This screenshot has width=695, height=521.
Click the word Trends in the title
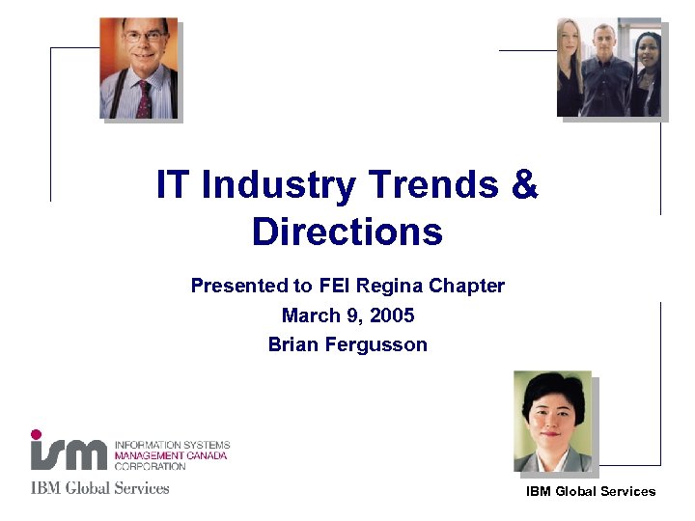[431, 185]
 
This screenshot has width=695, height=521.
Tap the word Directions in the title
[347, 233]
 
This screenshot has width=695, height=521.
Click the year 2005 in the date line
[393, 315]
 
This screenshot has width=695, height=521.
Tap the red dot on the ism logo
[37, 434]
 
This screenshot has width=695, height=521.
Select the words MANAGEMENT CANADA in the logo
[170, 455]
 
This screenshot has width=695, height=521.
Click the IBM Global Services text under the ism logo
[99, 488]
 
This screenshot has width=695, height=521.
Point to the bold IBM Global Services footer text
[591, 492]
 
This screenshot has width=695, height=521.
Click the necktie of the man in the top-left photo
[144, 99]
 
